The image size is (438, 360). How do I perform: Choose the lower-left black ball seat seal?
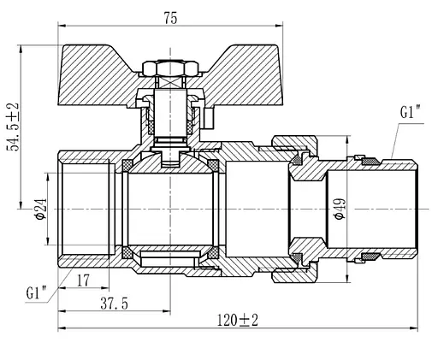127,253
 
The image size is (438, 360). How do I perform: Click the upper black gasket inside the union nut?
299,160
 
